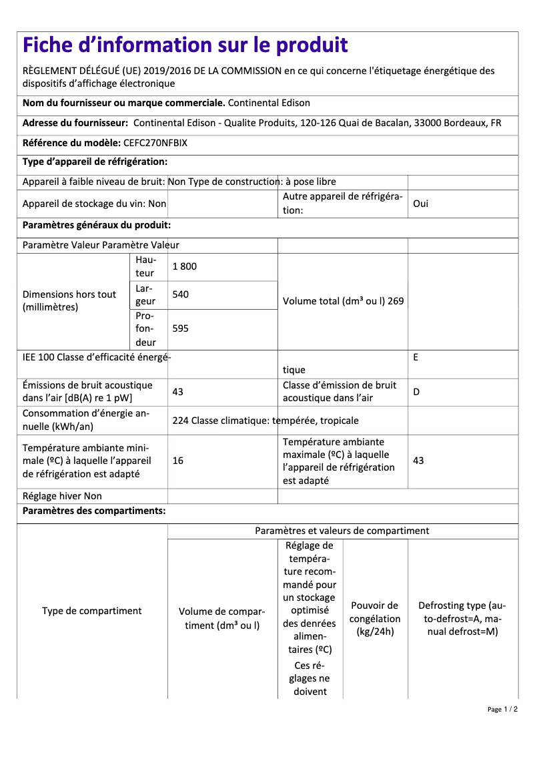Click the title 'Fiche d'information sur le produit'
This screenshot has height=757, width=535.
pos(185,45)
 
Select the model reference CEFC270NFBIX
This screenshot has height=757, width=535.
pos(155,143)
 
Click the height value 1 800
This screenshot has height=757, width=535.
pos(185,266)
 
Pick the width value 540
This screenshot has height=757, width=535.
pos(180,294)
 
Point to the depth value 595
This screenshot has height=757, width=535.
pos(180,328)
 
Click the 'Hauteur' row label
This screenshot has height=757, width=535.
pos(145,266)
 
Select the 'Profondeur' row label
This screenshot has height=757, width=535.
pos(145,328)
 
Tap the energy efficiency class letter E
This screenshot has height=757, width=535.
pos(416,357)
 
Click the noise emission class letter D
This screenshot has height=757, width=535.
pos(416,392)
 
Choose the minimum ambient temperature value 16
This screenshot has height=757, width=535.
pos(177,461)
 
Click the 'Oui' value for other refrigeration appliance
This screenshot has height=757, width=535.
pos(421,204)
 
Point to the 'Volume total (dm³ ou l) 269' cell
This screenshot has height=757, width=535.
pos(343,301)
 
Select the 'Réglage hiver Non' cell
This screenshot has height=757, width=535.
pos(62,496)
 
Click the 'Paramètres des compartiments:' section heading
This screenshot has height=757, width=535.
pos(94,511)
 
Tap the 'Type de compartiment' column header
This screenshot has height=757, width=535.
pos(92,611)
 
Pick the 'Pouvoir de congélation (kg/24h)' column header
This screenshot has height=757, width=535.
pos(375,619)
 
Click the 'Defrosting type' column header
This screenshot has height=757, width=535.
pos(462,619)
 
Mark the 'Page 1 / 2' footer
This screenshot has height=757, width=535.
pos(502,709)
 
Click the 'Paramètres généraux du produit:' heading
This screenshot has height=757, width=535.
pos(97,226)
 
